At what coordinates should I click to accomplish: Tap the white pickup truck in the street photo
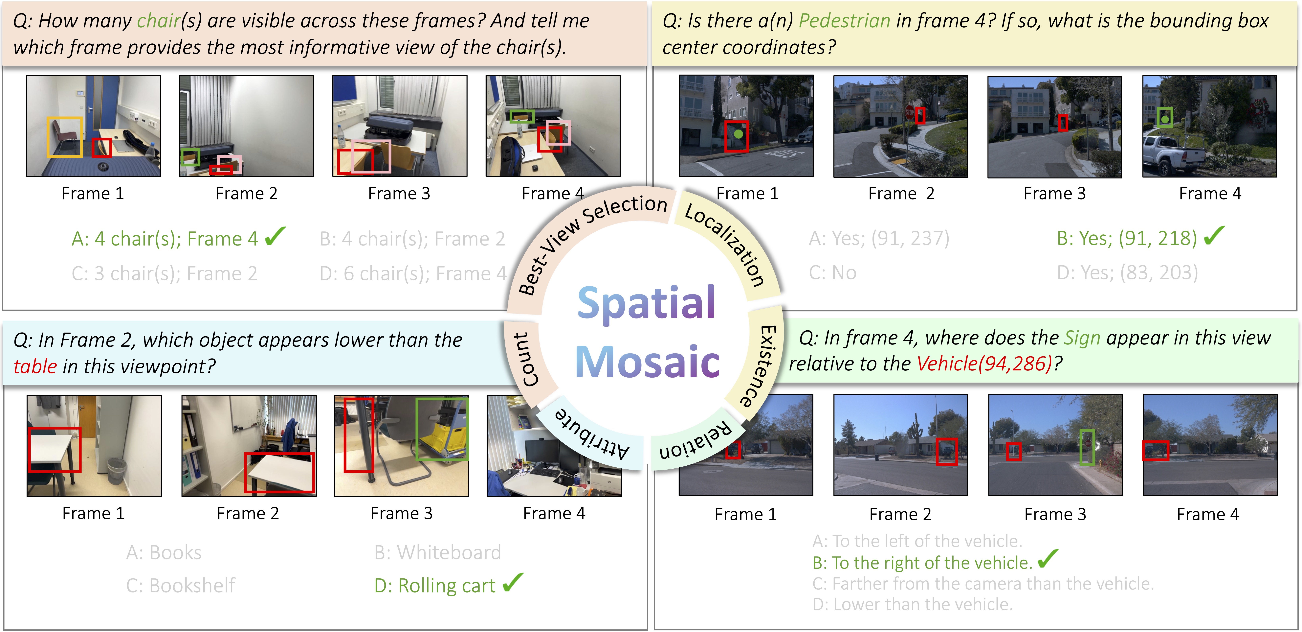pos(1168,153)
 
